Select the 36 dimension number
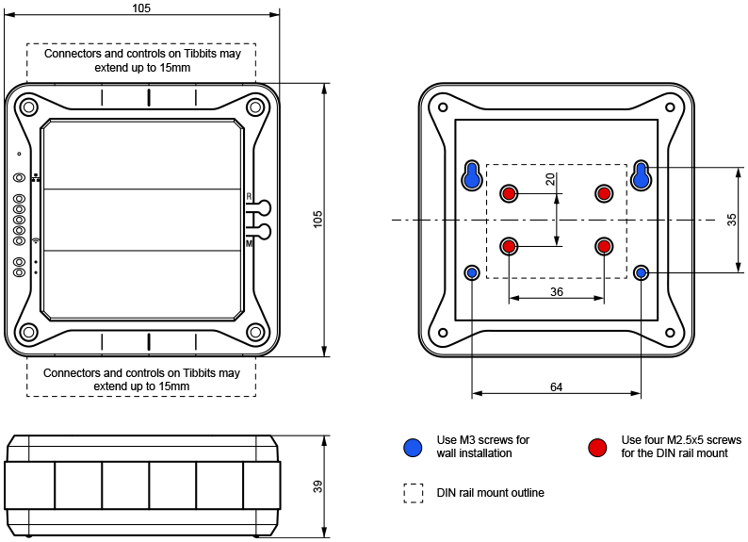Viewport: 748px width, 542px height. [557, 292]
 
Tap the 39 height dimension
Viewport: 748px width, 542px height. [317, 486]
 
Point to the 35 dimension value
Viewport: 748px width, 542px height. [732, 220]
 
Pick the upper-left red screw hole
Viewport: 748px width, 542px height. [510, 193]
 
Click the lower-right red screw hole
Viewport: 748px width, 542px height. [604, 246]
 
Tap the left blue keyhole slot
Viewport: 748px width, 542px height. [473, 174]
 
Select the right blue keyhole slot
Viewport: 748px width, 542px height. [642, 174]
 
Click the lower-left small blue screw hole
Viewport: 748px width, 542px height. [473, 273]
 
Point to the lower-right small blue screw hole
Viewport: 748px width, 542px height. [642, 273]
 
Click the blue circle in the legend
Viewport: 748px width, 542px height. [413, 447]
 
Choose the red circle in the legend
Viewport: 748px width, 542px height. [597, 447]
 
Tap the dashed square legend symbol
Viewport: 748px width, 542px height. [413, 493]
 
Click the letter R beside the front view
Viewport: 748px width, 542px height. [249, 196]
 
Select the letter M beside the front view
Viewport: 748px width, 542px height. [249, 243]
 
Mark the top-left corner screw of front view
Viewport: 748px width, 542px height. [28, 107]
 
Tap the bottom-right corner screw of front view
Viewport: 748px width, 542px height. [255, 333]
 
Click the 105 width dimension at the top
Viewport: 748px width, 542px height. [141, 8]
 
